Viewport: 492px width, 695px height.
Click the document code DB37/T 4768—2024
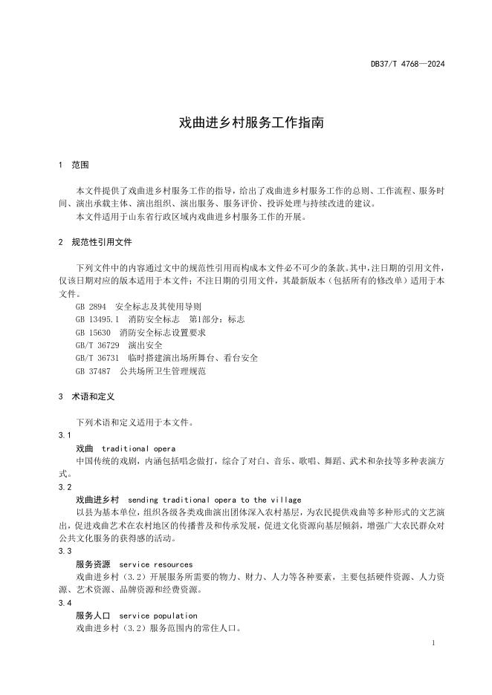tap(407, 65)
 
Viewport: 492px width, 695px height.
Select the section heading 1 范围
tap(74, 165)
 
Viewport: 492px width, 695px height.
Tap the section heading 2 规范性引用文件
tap(97, 242)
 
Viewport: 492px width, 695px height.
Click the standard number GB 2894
tap(91, 306)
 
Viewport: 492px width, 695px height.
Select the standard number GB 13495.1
tap(97, 319)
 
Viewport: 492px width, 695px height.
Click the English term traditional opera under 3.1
tap(138, 448)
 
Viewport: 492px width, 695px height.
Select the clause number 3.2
tap(65, 487)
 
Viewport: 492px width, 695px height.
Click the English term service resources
tap(155, 564)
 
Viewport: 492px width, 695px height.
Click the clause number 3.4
tap(65, 603)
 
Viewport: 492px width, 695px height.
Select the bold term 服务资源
tap(93, 564)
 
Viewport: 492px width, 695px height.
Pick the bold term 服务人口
tap(93, 616)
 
